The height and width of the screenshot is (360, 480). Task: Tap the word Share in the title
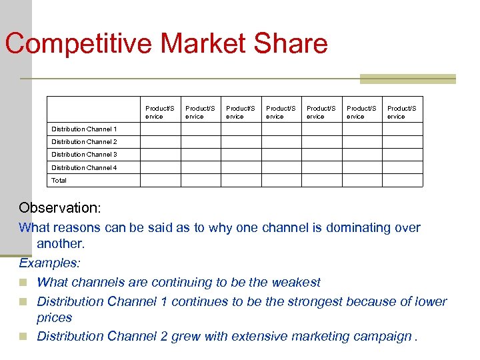coord(293,44)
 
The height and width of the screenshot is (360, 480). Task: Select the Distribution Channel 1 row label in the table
coord(84,129)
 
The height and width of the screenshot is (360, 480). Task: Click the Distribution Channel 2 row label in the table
coord(84,142)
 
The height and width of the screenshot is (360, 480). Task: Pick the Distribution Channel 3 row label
coord(84,155)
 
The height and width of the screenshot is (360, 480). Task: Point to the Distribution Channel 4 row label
coord(84,168)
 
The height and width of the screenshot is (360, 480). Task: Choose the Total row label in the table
coord(59,181)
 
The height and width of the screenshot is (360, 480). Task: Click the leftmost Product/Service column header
coord(160,112)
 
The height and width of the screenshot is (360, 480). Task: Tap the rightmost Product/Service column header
coord(401,112)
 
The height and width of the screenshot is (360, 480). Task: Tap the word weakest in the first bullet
coord(296,283)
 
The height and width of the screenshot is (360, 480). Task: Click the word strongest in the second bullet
coord(313,302)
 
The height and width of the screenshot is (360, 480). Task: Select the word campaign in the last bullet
coord(377,337)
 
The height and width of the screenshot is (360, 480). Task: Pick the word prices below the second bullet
coord(55,319)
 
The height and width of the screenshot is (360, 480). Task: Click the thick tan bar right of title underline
coord(407,79)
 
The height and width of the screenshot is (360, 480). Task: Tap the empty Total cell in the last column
coord(402,181)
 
